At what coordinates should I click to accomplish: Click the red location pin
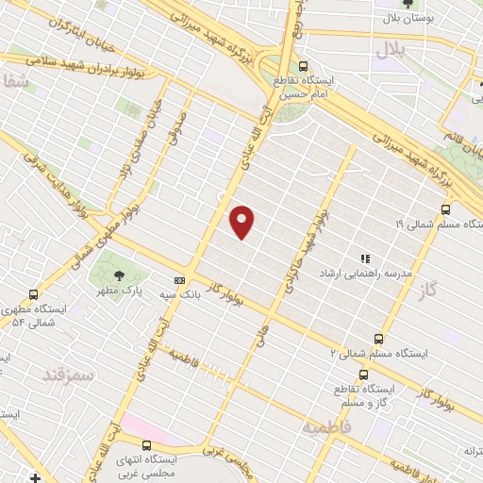coord(242,222)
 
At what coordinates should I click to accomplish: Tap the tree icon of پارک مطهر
coord(119,275)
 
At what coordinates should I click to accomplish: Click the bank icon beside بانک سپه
coord(179,280)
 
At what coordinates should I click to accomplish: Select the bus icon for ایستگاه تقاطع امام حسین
coord(303,66)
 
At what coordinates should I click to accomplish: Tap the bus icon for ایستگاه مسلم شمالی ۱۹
coord(445,209)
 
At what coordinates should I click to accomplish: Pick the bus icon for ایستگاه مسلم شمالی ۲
coord(378,338)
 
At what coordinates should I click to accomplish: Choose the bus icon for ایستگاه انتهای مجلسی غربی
coord(146,444)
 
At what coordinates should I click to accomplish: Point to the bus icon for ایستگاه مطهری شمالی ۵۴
coord(34,294)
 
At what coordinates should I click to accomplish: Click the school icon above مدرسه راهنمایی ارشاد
coord(364,258)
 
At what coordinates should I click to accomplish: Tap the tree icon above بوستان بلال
coord(406,4)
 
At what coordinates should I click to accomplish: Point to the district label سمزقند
coord(69,375)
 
